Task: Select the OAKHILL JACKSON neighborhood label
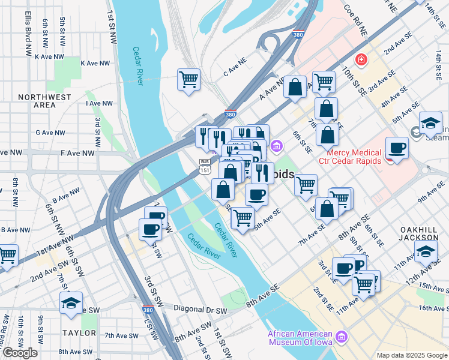coord(424,233)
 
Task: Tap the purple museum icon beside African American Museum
coord(343,338)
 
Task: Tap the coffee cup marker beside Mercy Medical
coord(397,147)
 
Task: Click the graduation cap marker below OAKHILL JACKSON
coord(426,250)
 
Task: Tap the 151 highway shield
coord(205,171)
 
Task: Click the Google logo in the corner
coord(20,353)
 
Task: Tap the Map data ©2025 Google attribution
coord(411,355)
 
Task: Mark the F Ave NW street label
coord(78,153)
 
